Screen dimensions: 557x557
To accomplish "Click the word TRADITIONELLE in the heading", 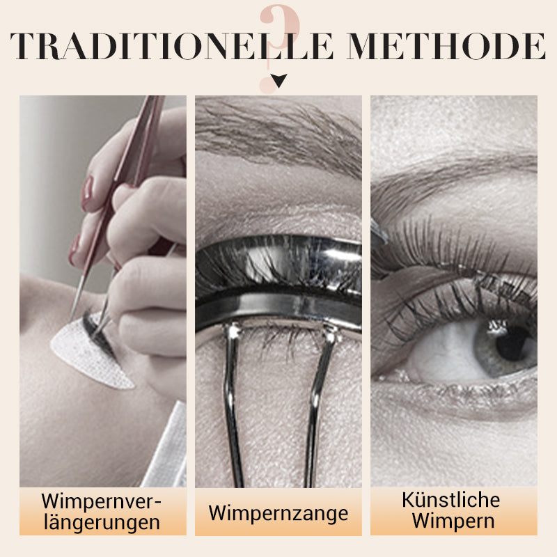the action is (x=172, y=46).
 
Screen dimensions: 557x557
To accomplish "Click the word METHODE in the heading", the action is (x=446, y=46).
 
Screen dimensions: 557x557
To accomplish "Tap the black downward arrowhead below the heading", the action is (x=279, y=81).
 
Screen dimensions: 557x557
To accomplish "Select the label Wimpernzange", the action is (x=278, y=513).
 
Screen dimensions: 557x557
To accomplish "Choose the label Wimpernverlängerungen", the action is (x=102, y=512).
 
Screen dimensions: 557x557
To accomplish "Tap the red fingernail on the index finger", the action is (x=86, y=194).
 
